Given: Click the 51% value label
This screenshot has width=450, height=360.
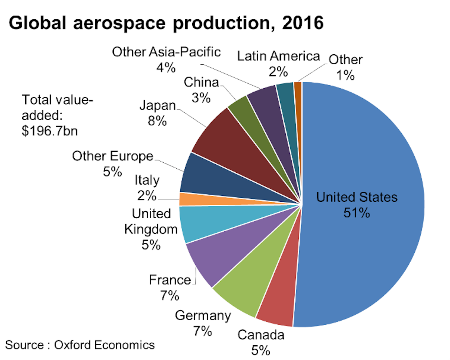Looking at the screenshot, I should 357,213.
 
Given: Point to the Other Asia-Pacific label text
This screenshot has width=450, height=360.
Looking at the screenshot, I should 166,52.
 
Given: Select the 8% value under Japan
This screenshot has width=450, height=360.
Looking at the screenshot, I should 157,121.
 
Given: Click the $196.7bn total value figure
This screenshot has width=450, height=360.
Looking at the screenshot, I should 50,131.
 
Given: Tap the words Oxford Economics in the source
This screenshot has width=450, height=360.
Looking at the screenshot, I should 104,345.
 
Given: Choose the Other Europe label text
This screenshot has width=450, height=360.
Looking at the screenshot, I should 112,156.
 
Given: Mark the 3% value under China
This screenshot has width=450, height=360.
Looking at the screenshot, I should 201,98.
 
